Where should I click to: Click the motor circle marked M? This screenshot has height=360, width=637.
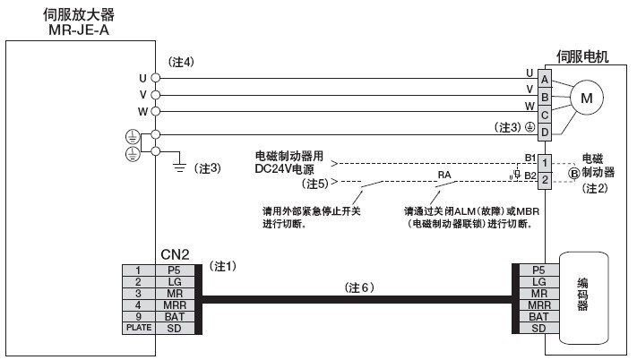[x=586, y=98]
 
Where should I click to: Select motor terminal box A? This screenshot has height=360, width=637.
[x=545, y=79]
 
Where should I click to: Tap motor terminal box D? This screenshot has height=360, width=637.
[x=545, y=133]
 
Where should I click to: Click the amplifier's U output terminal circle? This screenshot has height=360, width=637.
[x=156, y=78]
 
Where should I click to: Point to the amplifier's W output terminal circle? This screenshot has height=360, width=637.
[x=156, y=111]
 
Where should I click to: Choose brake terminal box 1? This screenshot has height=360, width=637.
[x=545, y=163]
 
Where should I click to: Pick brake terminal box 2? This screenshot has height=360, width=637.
[x=545, y=180]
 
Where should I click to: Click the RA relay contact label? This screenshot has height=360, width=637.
[x=444, y=175]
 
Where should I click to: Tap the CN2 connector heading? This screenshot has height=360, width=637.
[x=175, y=254]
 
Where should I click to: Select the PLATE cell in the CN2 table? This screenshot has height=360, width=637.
[x=139, y=328]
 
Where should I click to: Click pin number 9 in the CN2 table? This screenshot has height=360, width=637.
[x=139, y=317]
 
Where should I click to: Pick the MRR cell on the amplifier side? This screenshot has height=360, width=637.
[x=175, y=305]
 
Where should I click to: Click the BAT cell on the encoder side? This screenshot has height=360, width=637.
[x=538, y=317]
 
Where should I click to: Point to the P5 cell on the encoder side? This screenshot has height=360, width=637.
[x=538, y=270]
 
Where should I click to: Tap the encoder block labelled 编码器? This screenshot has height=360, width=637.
[x=584, y=298]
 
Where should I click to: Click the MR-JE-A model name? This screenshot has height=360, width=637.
[x=79, y=30]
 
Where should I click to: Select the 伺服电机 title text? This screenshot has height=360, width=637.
[x=582, y=56]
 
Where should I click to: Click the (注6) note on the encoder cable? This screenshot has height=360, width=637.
[x=359, y=287]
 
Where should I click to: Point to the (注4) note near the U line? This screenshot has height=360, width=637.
[x=181, y=62]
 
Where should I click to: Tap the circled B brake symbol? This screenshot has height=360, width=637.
[x=574, y=174]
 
